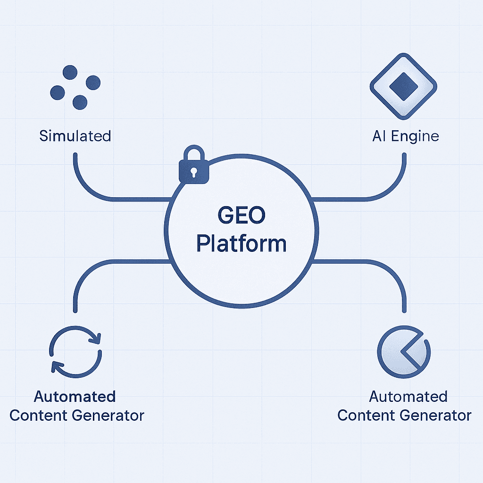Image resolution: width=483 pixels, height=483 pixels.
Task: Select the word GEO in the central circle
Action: (x=241, y=217)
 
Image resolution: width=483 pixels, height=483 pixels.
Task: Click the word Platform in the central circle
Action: (x=241, y=244)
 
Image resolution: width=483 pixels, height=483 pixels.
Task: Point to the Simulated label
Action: (x=75, y=136)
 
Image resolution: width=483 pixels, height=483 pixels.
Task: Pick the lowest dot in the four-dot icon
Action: (x=80, y=101)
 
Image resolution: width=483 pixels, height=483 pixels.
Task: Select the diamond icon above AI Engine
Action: (x=403, y=88)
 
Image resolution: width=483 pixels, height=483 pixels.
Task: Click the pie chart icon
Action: (x=404, y=353)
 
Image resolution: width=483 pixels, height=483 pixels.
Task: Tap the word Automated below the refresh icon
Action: (x=75, y=396)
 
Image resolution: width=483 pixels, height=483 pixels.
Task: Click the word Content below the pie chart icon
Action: (x=368, y=416)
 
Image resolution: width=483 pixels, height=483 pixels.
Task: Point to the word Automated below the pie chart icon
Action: (x=408, y=396)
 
